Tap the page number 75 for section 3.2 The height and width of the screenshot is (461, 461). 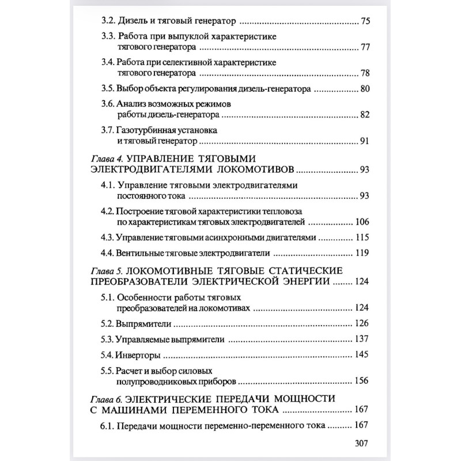click(363, 22)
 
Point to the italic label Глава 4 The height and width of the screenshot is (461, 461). click(108, 158)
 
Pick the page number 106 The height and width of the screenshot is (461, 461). click(361, 222)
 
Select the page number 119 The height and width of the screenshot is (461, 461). click(361, 252)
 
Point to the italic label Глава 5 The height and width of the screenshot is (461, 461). click(108, 271)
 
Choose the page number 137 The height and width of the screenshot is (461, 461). click(361, 339)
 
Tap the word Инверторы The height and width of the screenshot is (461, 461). click(138, 354)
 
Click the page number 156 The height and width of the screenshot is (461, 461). click(361, 380)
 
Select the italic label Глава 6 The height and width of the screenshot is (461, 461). click(108, 399)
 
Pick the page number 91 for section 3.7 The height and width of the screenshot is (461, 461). click(363, 141)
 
